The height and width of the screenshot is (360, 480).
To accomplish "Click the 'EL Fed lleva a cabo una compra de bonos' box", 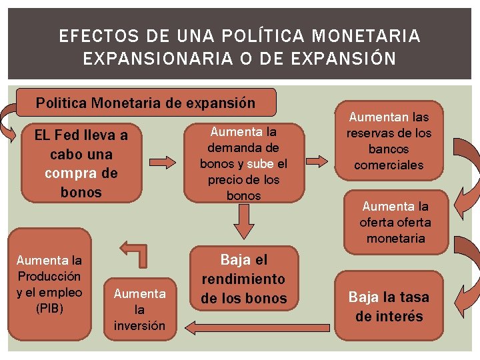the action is (x=81, y=164).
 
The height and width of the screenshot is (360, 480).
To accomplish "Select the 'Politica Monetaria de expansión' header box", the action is (x=145, y=103).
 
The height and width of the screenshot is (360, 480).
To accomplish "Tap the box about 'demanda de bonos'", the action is (x=243, y=163).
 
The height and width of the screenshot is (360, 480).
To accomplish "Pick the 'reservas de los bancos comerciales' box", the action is (x=389, y=141).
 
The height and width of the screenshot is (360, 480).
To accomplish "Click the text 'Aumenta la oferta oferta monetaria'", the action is (x=395, y=223).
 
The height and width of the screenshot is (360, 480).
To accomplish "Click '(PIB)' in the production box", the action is (x=49, y=308).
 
